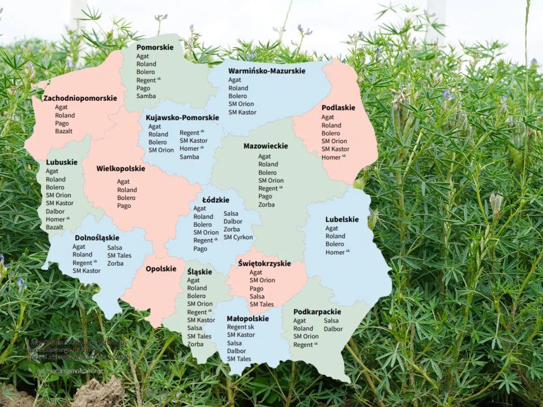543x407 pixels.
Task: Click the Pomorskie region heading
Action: tap(155, 47)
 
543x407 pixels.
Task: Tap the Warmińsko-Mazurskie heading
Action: tap(267, 71)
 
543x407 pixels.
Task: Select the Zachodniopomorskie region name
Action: tap(80, 98)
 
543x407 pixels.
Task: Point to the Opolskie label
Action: tap(161, 269)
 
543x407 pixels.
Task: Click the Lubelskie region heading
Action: tap(342, 220)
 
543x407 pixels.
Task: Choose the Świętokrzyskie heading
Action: tap(264, 264)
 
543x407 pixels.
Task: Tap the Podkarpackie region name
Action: tap(317, 312)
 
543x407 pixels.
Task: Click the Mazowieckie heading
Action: tap(266, 146)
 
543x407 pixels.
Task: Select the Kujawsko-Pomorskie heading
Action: tap(182, 118)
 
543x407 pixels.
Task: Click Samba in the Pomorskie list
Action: tap(146, 96)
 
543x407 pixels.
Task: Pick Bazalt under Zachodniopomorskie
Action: tap(64, 131)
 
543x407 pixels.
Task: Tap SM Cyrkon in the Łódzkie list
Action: tap(238, 237)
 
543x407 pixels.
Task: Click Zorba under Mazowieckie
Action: tap(267, 204)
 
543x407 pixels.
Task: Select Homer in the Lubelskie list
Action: tap(335, 252)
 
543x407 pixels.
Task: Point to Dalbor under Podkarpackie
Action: tap(333, 329)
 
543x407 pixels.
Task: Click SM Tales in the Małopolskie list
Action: tap(239, 359)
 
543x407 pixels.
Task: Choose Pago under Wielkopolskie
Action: tap(124, 206)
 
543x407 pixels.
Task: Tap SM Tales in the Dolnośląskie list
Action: tap(119, 256)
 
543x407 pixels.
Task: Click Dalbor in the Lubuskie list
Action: tap(55, 211)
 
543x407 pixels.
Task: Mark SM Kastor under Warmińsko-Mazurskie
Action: tap(242, 112)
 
